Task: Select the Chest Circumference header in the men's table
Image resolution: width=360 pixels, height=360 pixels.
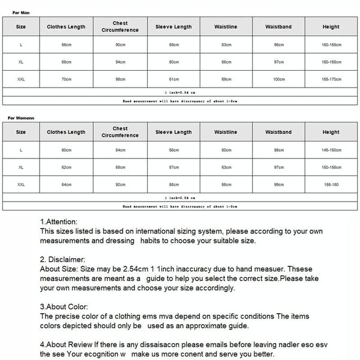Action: [120, 26]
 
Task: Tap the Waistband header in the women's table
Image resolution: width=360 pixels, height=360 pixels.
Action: [278, 132]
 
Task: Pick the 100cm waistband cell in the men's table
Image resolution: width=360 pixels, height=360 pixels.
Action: [278, 79]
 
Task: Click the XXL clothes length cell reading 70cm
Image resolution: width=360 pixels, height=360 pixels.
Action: [66, 79]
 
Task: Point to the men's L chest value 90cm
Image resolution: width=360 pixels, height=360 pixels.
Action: [120, 44]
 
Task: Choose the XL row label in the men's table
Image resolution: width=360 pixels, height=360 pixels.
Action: [21, 62]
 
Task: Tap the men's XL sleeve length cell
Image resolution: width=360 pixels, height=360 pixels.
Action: [173, 62]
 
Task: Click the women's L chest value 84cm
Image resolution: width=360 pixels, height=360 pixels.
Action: [120, 150]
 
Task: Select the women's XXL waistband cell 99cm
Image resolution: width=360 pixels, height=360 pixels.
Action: [278, 184]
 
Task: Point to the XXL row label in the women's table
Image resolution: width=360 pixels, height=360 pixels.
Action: [21, 184]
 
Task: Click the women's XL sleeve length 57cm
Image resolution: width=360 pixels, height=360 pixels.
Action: [173, 167]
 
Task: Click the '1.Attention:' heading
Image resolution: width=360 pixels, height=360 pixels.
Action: [59, 221]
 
